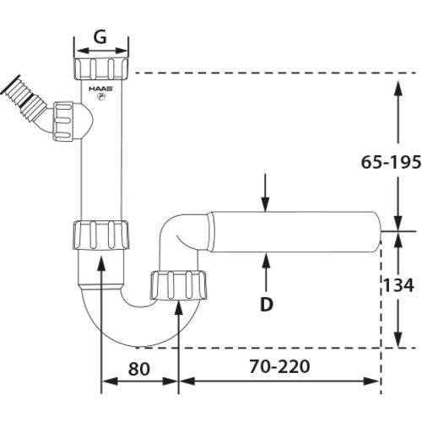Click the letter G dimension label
(x=100, y=36)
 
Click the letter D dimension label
(x=267, y=304)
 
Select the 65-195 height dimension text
(x=391, y=162)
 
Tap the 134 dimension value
(x=398, y=285)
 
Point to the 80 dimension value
(x=139, y=369)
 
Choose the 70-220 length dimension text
(x=279, y=366)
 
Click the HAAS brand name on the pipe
(x=101, y=89)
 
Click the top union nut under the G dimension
(x=101, y=69)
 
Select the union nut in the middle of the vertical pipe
(x=101, y=235)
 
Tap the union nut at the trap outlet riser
(x=179, y=285)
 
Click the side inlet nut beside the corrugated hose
(x=63, y=122)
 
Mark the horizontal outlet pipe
(x=295, y=232)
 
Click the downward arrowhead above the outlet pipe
(x=265, y=204)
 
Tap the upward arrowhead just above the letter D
(x=266, y=260)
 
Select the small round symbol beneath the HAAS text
(x=101, y=97)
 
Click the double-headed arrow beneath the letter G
(x=101, y=51)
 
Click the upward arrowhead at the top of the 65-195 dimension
(x=398, y=89)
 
